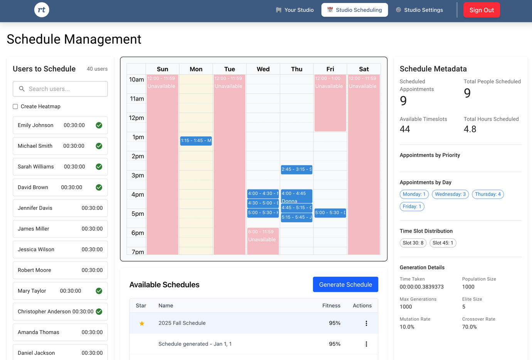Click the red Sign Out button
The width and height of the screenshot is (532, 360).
coord(481,10)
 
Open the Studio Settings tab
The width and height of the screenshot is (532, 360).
coord(419,10)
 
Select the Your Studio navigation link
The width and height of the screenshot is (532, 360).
coord(295,10)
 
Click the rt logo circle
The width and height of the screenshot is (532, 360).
coord(42,10)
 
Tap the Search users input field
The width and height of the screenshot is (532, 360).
coord(60,89)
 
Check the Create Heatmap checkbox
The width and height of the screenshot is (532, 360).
coord(15,106)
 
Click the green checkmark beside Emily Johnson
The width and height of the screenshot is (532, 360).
coord(99,125)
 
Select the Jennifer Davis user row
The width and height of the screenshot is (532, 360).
coord(60,208)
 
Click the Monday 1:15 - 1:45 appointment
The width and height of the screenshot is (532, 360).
coord(196,141)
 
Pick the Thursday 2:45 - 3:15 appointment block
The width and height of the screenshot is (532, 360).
coord(296,169)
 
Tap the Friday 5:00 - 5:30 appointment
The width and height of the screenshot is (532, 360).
coord(330,213)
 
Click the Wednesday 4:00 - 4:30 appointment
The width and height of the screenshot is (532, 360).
coord(263,193)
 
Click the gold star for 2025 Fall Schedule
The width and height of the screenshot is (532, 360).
coord(142,323)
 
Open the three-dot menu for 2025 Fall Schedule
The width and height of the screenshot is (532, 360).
coord(366,323)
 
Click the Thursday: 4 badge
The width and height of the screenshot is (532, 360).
coord(488,194)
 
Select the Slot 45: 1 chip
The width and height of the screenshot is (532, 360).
coord(443,243)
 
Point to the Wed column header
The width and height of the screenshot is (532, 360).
coord(263,69)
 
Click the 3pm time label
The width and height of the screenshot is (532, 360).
coord(138,176)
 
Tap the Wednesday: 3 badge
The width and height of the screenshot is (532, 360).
coord(450,194)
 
